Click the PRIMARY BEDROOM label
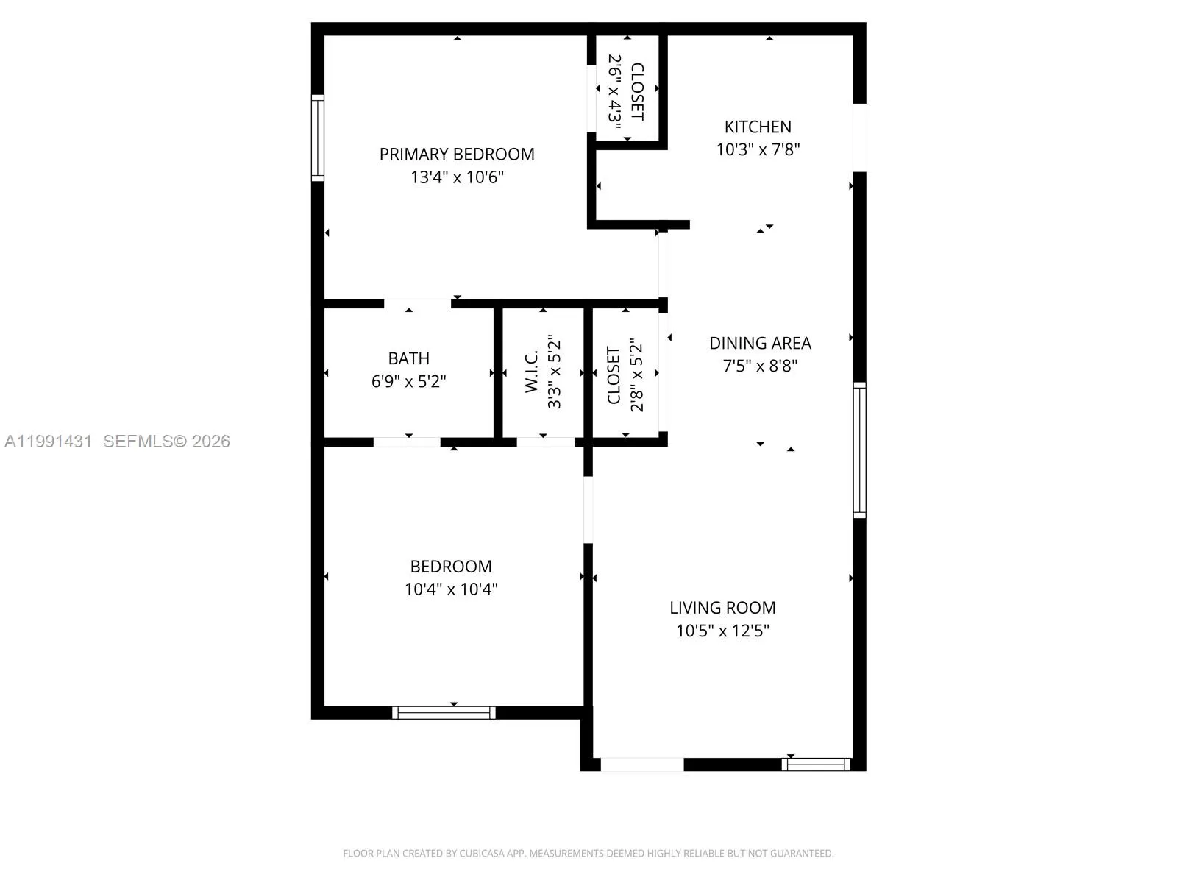point(457,154)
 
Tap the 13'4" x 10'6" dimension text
point(457,177)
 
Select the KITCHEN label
point(758,127)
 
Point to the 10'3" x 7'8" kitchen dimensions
point(758,149)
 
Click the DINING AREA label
point(760,343)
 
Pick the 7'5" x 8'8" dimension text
point(760,366)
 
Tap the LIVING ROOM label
point(722,608)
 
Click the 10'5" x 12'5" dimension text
point(722,631)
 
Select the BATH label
point(409,358)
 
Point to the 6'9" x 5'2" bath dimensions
point(409,381)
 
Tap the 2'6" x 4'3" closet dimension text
point(615,88)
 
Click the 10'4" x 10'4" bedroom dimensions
point(451,589)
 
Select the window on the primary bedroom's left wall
point(318,138)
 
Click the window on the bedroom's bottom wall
point(444,712)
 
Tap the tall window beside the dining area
point(859,450)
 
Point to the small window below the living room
point(816,765)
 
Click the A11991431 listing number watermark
point(49,441)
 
